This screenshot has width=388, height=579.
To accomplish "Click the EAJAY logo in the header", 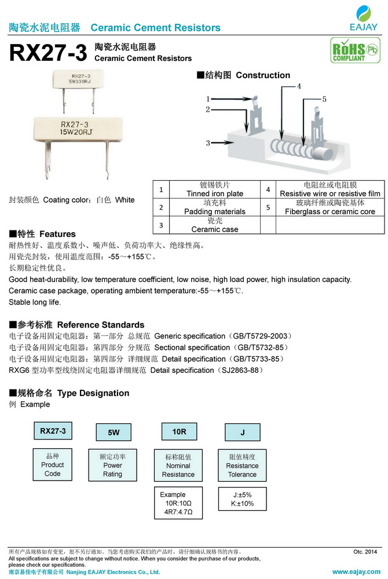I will pyautogui.click(x=364, y=18).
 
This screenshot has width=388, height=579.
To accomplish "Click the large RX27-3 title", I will pyautogui.click(x=48, y=54).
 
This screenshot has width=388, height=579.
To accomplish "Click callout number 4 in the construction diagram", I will pyautogui.click(x=299, y=86).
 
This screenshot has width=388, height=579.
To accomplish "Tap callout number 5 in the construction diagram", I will pyautogui.click(x=324, y=99).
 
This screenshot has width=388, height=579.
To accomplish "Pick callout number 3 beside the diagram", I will pyautogui.click(x=207, y=142).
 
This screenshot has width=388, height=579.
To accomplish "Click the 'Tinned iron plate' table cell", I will pyautogui.click(x=214, y=189).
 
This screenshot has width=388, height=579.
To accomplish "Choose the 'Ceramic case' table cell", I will pyautogui.click(x=214, y=225).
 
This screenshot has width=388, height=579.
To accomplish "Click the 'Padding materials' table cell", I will pyautogui.click(x=214, y=207).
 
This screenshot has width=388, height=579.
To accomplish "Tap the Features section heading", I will pyautogui.click(x=42, y=234).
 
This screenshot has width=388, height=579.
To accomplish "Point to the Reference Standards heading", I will pyautogui.click(x=76, y=325).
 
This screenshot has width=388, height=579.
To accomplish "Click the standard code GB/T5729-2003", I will pyautogui.click(x=263, y=336).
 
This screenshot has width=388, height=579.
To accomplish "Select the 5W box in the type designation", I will pyautogui.click(x=114, y=433).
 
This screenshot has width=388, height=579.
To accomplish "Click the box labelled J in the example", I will pyautogui.click(x=242, y=433).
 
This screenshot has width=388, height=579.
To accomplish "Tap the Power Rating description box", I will pyautogui.click(x=112, y=465).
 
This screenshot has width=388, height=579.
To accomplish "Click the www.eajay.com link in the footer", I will pyautogui.click(x=356, y=572).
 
